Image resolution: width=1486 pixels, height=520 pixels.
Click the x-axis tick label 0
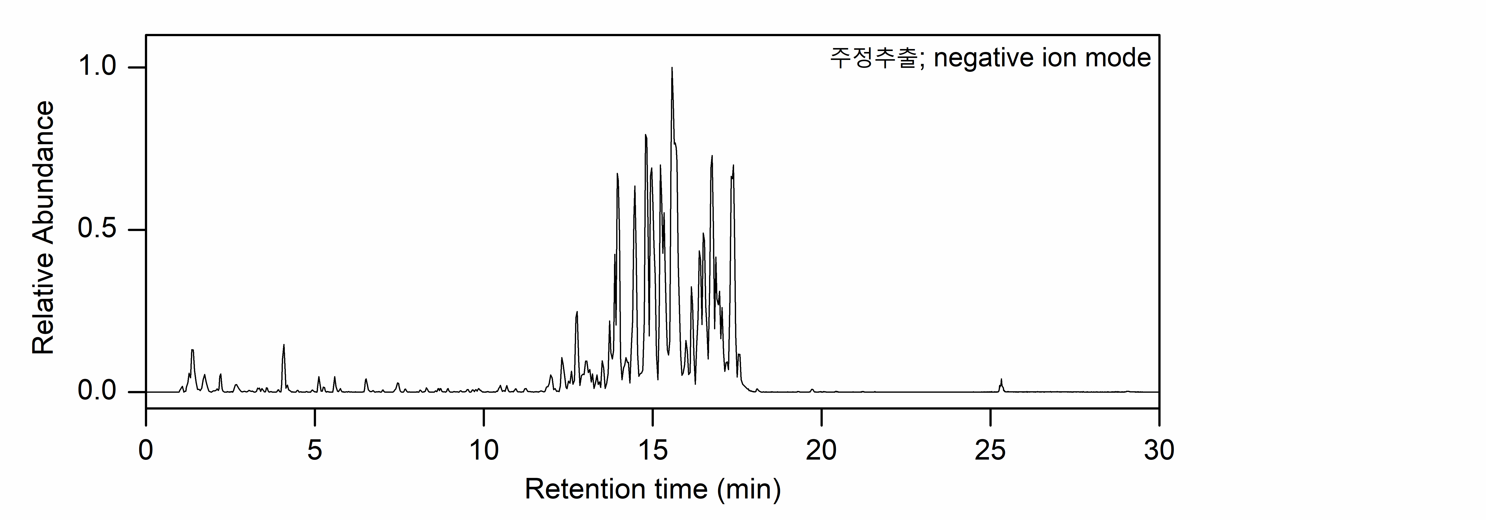point(146,450)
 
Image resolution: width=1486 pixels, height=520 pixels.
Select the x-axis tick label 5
point(314,450)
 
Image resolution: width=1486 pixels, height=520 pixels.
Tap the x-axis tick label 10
point(483,450)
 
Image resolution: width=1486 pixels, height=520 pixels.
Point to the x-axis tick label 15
point(652,450)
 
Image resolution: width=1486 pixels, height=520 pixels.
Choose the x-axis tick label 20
point(821,450)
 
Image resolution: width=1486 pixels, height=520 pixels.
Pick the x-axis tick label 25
point(990,450)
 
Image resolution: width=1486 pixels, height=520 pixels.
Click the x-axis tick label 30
point(1159,450)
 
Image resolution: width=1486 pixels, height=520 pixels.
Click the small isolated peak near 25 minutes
point(1001,380)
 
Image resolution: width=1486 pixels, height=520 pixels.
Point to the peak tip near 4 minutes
point(283,345)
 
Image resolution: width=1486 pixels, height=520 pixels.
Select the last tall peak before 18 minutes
point(733,166)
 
